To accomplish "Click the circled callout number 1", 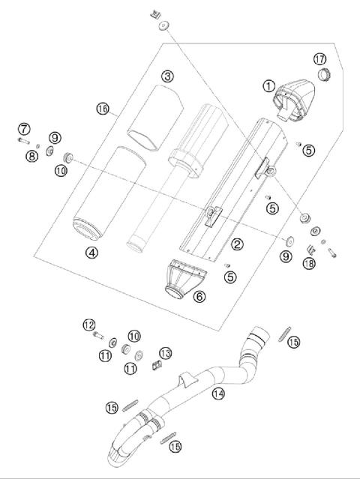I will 268,85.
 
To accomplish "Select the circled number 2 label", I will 236,244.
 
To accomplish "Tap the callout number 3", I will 167,76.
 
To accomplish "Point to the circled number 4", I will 91,253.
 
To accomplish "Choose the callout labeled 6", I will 199,296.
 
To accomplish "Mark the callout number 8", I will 33,156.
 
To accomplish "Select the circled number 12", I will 89,325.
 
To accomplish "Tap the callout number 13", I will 166,353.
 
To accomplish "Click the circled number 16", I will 103,109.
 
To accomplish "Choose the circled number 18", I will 307,263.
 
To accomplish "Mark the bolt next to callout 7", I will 24,139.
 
